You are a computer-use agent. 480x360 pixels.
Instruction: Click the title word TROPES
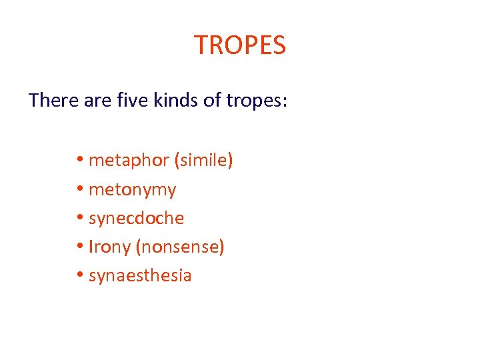pos(240,45)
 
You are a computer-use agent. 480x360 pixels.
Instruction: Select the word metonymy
pos(132,191)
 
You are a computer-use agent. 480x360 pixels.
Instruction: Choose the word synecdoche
pos(136,219)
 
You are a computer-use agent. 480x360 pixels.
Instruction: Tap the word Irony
pos(110,247)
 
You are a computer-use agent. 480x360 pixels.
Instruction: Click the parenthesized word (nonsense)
pos(180,247)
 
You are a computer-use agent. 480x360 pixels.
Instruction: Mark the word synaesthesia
pos(140,276)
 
